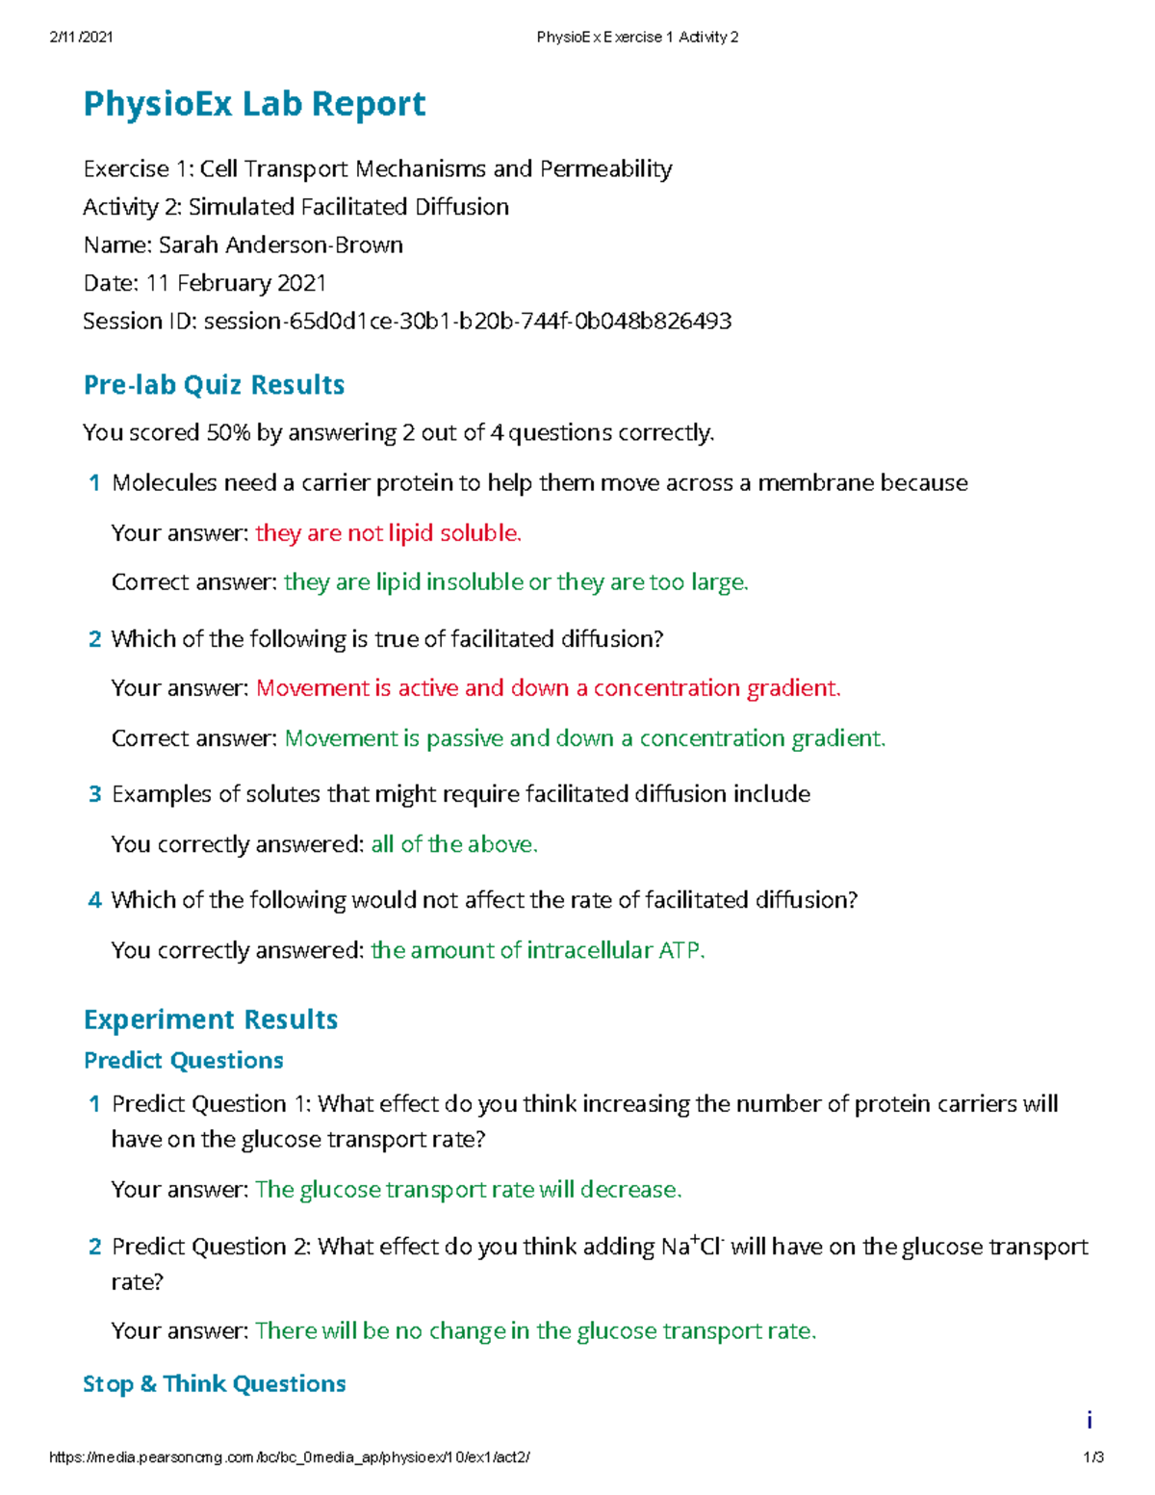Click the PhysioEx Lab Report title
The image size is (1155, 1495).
[254, 104]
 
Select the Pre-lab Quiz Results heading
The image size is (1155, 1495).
[214, 385]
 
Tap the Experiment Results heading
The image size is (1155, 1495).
[211, 1019]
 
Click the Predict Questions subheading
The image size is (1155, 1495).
[183, 1061]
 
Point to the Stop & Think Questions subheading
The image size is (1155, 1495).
[214, 1384]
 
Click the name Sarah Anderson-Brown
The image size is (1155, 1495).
[280, 245]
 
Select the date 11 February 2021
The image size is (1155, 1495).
[236, 283]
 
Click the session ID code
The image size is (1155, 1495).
[468, 321]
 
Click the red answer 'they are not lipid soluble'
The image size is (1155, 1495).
[388, 533]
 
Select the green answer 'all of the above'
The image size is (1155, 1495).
[453, 844]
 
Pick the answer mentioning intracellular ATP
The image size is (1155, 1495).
[537, 951]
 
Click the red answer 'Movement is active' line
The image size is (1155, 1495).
[548, 688]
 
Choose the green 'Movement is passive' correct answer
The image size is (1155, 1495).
[584, 738]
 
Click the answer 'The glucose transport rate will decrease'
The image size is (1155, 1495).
[468, 1190]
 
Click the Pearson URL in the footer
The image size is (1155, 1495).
[289, 1457]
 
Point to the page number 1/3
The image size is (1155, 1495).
[1093, 1457]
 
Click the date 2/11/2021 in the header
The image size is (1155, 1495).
[81, 38]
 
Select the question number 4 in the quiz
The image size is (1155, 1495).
[94, 900]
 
